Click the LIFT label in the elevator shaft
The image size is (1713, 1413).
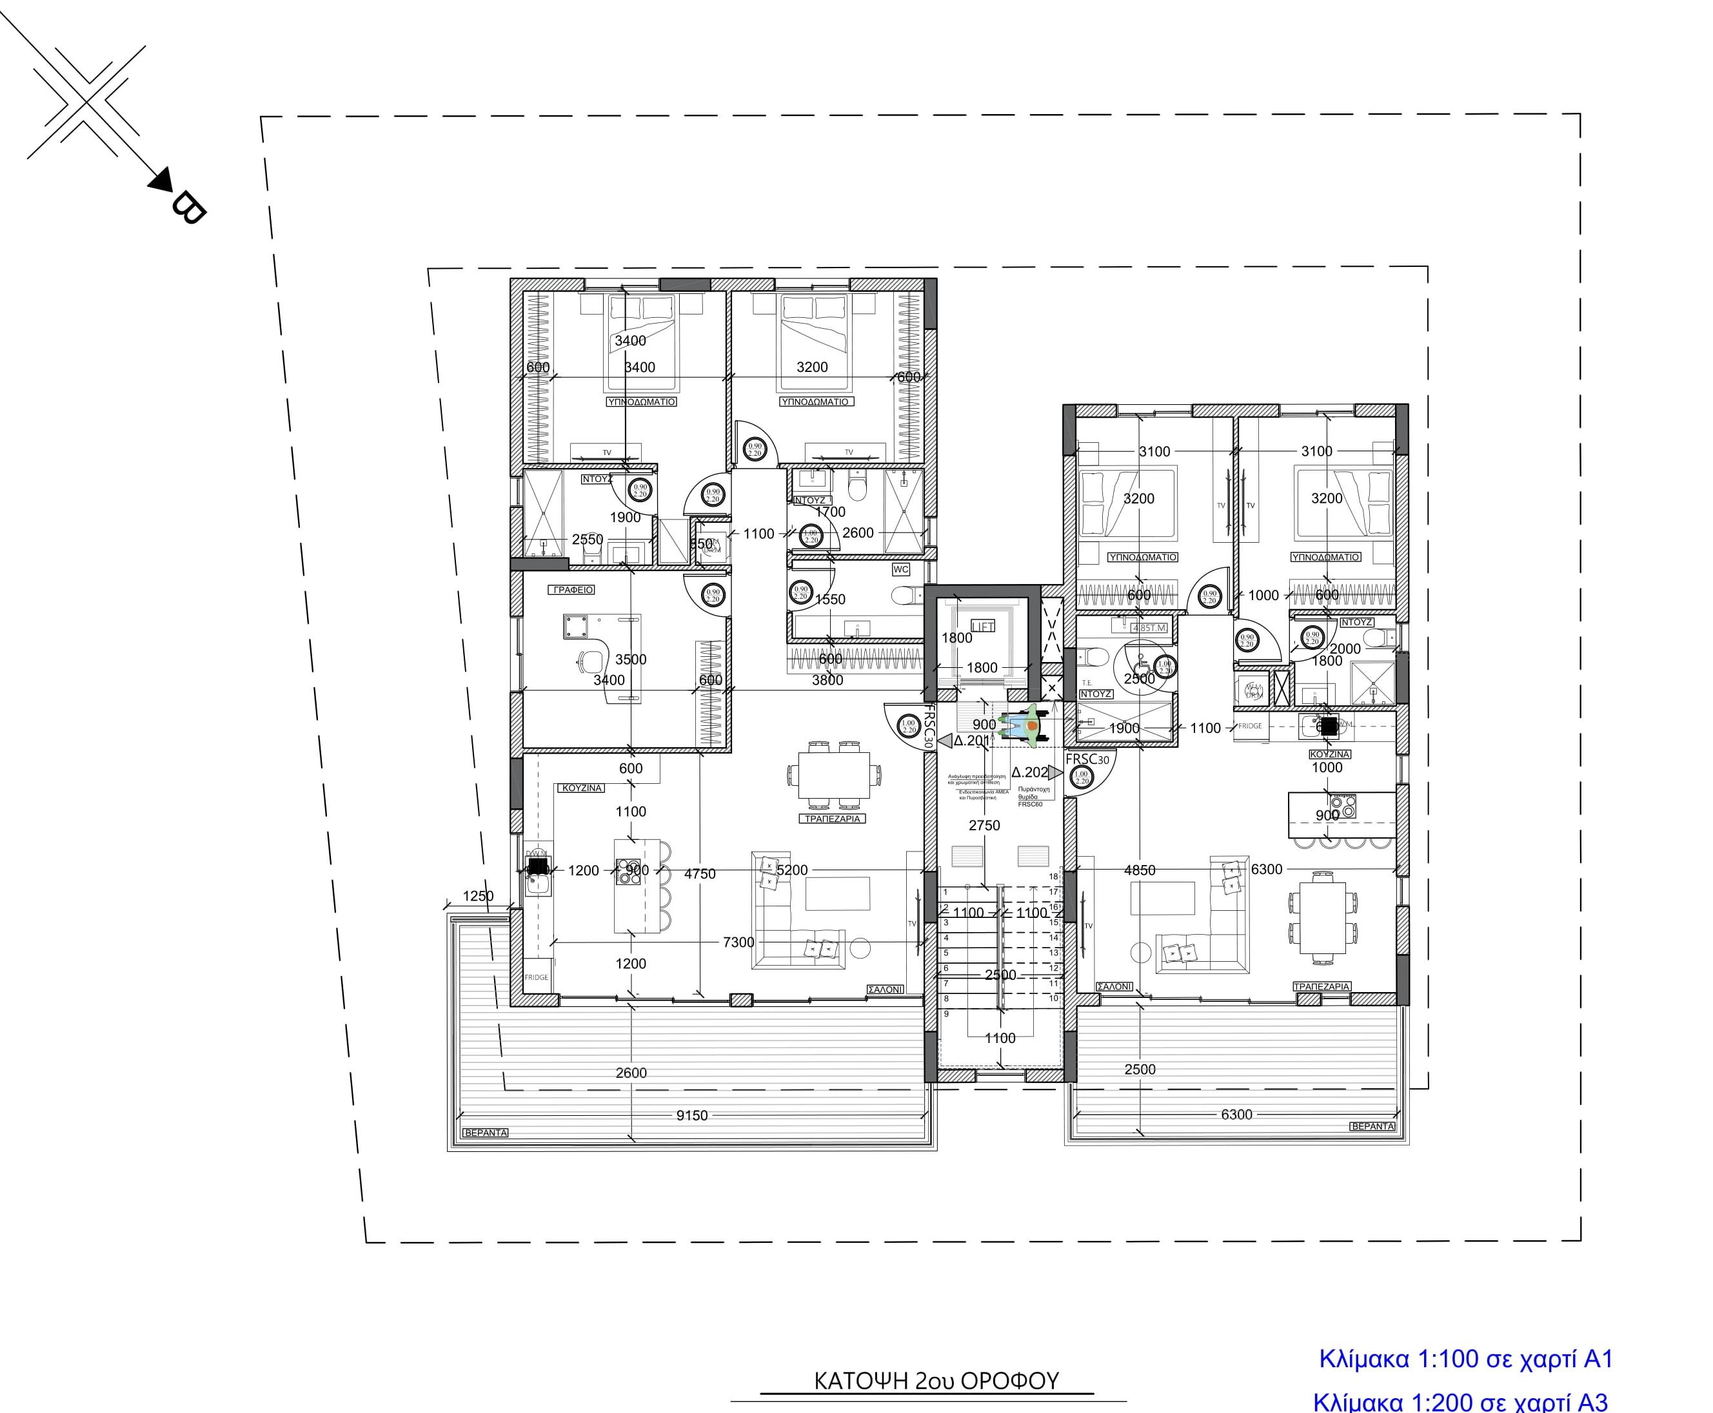point(983,626)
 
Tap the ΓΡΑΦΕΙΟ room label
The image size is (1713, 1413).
point(572,589)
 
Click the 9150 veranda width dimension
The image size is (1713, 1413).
point(692,1115)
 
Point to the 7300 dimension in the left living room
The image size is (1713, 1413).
point(738,942)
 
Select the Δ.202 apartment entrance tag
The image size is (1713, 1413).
point(1029,772)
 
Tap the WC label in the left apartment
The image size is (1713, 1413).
point(900,569)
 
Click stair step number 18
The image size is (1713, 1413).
point(1053,877)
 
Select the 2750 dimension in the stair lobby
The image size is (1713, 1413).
point(984,825)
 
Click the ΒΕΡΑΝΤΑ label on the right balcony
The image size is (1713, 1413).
point(1372,1127)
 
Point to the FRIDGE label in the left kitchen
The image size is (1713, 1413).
point(536,977)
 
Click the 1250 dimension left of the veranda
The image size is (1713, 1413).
point(478,896)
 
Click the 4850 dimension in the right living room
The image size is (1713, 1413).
point(1139,870)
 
